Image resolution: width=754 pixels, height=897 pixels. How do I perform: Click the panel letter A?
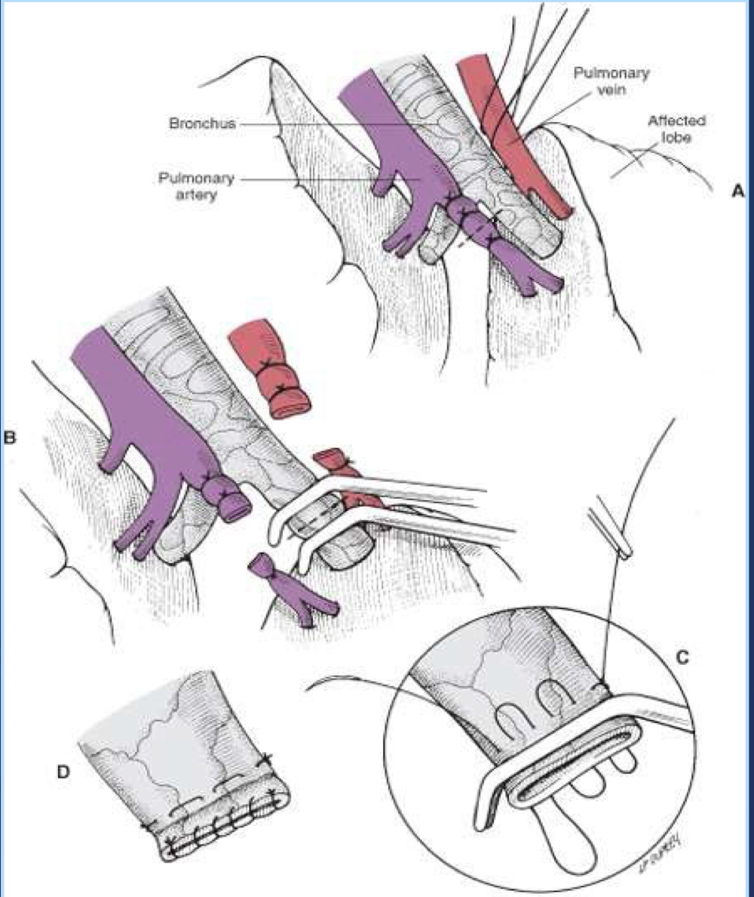737,192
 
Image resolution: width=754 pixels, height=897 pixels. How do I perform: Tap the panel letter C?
679,656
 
